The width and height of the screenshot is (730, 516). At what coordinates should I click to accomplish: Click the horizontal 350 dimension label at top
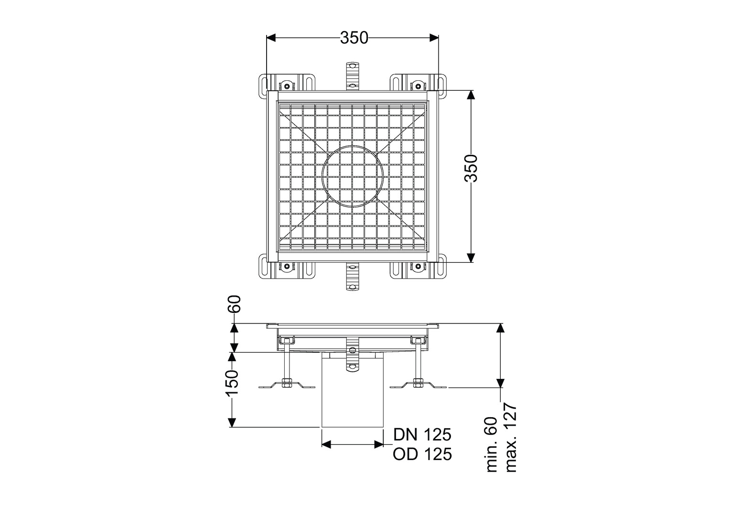(x=354, y=38)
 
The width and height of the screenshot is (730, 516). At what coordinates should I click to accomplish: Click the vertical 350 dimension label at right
(x=471, y=169)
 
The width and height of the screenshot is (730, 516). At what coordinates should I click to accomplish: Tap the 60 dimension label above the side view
(x=235, y=304)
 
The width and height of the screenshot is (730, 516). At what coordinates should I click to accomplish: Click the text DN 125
(x=422, y=434)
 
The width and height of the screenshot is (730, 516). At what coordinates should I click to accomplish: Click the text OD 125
(x=422, y=454)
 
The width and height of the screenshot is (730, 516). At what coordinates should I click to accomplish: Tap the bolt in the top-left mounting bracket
(x=287, y=86)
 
